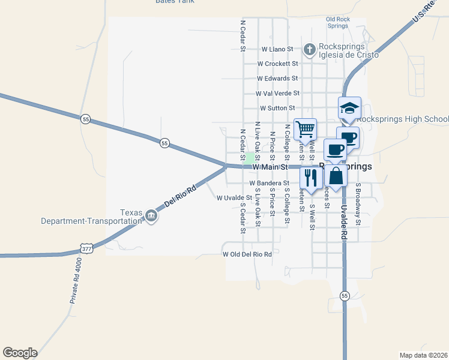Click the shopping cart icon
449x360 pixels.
[x=305, y=128]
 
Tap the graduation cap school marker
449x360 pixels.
[x=349, y=108]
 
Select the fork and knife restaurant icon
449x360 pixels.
[x=310, y=177]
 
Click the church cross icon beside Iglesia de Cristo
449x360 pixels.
[x=310, y=49]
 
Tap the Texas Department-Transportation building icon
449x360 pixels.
[x=151, y=218]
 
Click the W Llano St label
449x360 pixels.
[x=277, y=49]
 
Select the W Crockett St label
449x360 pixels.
[x=277, y=64]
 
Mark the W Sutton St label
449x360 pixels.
[x=277, y=109]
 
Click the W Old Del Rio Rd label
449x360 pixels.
[x=247, y=254]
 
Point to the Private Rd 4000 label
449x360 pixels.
[x=74, y=280]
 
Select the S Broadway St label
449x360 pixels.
[x=358, y=204]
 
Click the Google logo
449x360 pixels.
[x=20, y=353]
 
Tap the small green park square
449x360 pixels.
[x=249, y=158]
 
